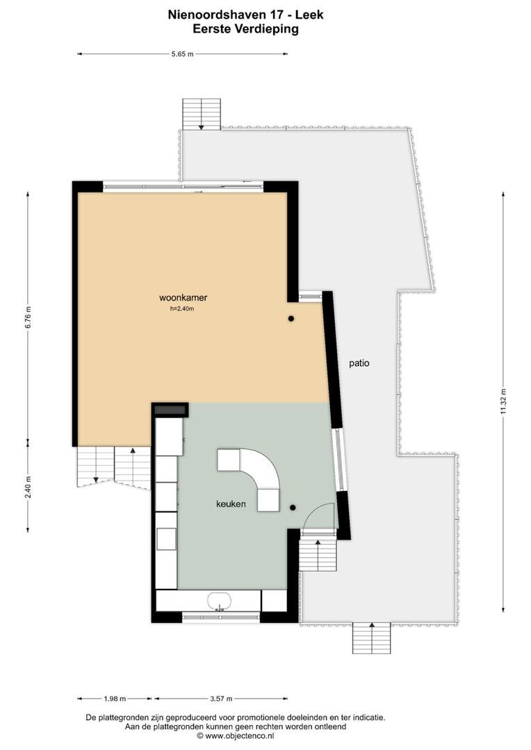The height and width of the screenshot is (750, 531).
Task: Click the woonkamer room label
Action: point(183,297)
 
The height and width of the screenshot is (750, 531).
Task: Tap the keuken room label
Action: point(231,503)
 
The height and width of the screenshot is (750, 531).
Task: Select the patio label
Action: point(359,363)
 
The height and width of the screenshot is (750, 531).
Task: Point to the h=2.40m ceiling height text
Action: point(182,309)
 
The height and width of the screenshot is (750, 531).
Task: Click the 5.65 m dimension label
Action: point(182,54)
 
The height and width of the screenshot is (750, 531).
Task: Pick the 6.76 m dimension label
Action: point(28,317)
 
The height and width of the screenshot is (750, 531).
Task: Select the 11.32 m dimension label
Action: point(503,402)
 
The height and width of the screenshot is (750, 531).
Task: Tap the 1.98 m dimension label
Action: point(115,699)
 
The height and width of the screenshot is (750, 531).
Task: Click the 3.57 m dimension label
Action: point(221,699)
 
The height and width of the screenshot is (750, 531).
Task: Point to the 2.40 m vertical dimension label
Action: point(28,486)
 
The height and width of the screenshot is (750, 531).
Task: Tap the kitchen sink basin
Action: point(220,601)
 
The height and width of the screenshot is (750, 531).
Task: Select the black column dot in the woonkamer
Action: point(291,319)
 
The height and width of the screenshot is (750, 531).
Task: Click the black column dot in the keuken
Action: point(293,508)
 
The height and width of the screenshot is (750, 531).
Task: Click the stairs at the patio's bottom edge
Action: point(372,639)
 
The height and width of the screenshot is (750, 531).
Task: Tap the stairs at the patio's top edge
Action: point(202,115)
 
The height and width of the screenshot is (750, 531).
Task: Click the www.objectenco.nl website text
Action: point(239,735)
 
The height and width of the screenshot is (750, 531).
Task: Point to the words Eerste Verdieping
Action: point(245,29)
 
